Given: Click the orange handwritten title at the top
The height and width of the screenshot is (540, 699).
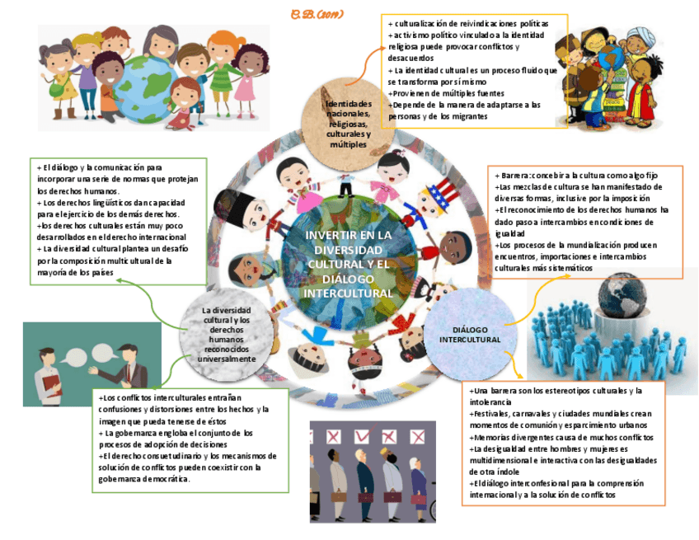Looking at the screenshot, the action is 317,14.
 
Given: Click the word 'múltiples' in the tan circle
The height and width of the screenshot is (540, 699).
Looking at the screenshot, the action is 348,144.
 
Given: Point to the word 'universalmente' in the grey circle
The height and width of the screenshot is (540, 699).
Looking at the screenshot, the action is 228,359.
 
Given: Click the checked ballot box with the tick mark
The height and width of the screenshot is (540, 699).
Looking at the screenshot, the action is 360,436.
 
